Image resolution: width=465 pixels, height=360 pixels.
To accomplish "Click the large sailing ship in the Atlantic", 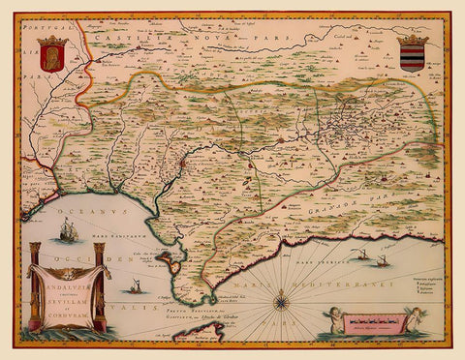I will tap(67, 231).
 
